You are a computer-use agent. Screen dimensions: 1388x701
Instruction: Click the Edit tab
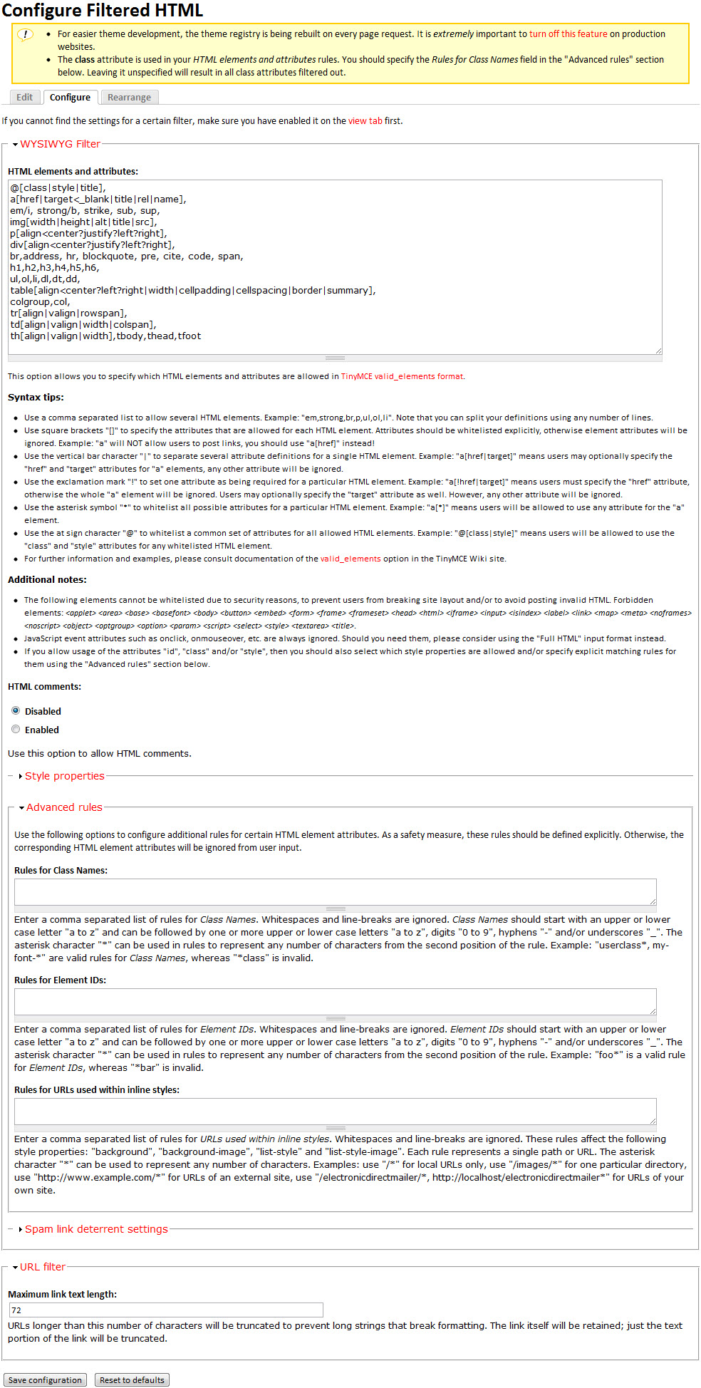(25, 98)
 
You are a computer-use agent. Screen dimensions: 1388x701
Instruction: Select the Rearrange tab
(129, 98)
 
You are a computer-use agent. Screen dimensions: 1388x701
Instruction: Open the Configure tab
(70, 98)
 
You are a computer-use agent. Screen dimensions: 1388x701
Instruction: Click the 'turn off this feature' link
(568, 34)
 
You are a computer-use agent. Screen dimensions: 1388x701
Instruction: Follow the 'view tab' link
(365, 121)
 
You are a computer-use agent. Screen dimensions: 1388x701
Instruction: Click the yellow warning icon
(25, 35)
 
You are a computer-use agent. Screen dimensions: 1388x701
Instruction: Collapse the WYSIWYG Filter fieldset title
(60, 144)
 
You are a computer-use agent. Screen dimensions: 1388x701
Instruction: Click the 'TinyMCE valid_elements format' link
(402, 376)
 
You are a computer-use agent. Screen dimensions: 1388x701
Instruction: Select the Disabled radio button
(16, 711)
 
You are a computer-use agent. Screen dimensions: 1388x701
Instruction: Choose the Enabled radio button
(16, 730)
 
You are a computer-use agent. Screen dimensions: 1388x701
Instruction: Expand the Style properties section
(64, 776)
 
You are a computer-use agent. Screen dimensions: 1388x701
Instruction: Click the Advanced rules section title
(64, 807)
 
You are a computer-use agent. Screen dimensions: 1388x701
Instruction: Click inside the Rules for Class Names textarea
(335, 892)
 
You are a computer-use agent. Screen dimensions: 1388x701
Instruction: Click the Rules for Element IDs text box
(335, 1002)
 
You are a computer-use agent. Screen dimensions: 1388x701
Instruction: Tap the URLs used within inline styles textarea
(335, 1112)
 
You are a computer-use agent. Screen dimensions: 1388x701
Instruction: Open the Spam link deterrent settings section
(96, 1229)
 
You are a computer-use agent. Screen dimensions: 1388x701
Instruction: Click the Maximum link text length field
(165, 1310)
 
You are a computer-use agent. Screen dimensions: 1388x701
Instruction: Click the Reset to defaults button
(132, 1380)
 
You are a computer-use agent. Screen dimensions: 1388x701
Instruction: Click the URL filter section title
(43, 1267)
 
